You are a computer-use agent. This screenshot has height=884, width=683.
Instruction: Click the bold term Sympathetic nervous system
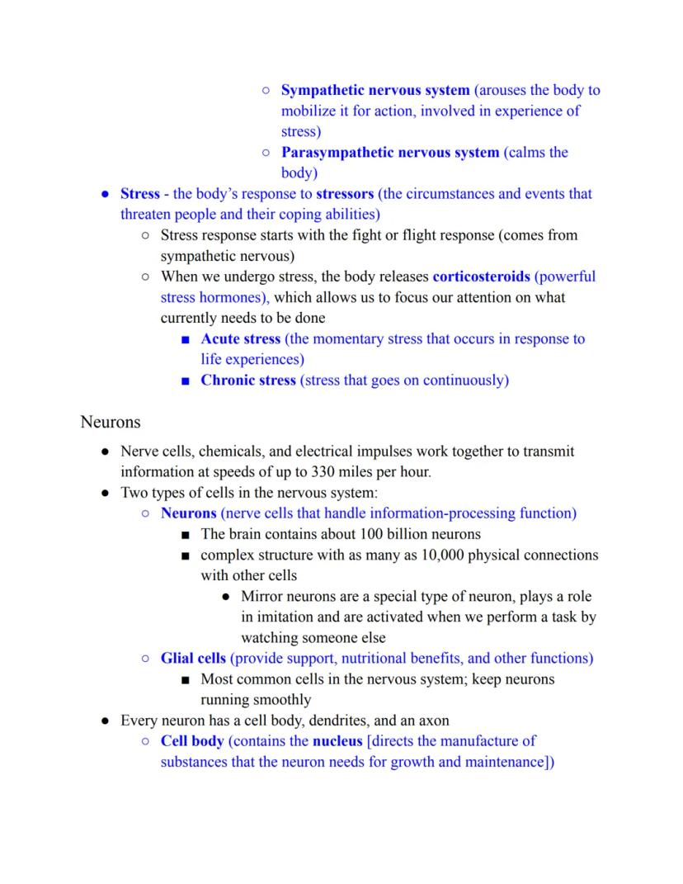[x=375, y=90]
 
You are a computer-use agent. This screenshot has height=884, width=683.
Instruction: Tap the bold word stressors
[x=346, y=194]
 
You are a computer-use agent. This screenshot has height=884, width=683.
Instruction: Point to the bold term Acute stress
[x=241, y=338]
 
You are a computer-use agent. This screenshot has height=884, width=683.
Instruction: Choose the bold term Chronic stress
[x=247, y=380]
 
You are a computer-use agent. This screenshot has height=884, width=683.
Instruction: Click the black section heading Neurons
[x=111, y=422]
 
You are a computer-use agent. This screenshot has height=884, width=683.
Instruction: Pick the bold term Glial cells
[x=193, y=658]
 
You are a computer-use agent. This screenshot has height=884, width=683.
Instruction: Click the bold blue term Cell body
[x=192, y=740]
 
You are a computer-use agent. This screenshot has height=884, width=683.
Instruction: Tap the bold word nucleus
[x=337, y=740]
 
